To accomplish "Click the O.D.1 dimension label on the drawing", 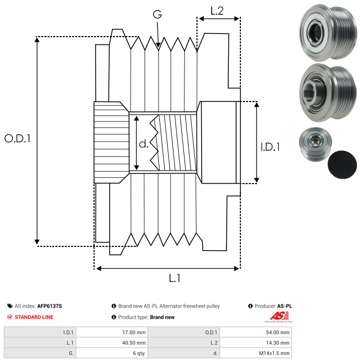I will point(18,139).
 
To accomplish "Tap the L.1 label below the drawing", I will point(174,278).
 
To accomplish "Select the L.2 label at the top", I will point(217,10).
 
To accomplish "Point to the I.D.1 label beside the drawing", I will point(270,147).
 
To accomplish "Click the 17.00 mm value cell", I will point(133,332).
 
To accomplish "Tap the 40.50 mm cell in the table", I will point(133,342).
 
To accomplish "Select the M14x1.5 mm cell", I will point(274,353).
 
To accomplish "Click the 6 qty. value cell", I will point(138,353).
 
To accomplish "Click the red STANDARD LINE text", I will point(34,317).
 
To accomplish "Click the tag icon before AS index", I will point(10,306).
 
